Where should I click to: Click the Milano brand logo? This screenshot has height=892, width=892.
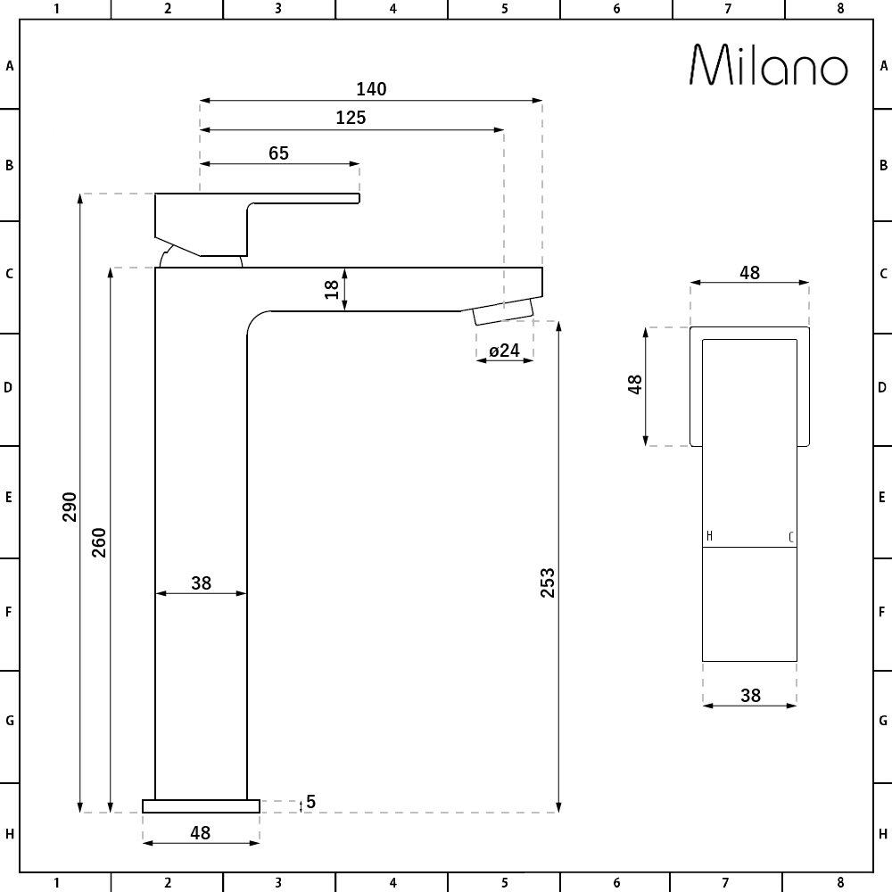(x=769, y=65)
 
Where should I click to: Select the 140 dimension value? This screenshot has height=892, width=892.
(x=371, y=89)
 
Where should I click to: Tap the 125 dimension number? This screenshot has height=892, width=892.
(x=351, y=118)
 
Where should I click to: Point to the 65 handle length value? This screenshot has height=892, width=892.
(x=278, y=153)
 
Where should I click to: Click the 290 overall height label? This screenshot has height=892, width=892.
(x=70, y=507)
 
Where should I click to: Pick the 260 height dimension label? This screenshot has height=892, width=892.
(x=99, y=542)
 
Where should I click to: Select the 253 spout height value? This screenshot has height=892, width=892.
(x=548, y=582)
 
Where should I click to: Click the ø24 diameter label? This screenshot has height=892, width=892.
(x=505, y=351)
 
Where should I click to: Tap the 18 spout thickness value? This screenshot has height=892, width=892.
(x=332, y=290)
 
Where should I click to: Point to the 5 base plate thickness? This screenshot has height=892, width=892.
(x=310, y=802)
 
